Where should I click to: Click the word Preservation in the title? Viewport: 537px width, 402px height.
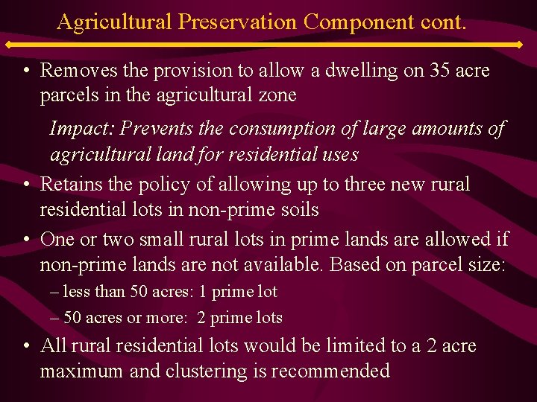tap(239, 21)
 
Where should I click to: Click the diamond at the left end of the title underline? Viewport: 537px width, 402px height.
tap(23, 45)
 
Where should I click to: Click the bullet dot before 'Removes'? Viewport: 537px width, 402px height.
tap(26, 71)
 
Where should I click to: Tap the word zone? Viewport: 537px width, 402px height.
tap(278, 95)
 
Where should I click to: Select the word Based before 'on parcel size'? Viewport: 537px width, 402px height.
tap(356, 264)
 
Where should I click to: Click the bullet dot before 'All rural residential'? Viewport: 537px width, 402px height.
tap(26, 347)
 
